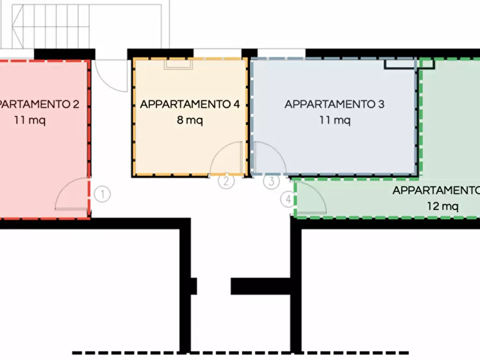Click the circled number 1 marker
click(102, 194)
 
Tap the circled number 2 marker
click(226, 181)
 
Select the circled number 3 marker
click(271, 181)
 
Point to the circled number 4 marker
click(288, 199)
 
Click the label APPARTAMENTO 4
click(190, 104)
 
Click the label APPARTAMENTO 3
click(334, 104)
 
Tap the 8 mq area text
click(190, 120)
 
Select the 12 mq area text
click(443, 206)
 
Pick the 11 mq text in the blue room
click(335, 120)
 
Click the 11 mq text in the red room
click(30, 120)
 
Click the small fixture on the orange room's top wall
click(178, 64)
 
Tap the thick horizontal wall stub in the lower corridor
click(261, 286)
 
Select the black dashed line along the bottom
click(241, 353)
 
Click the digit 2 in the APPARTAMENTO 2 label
click(76, 104)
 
